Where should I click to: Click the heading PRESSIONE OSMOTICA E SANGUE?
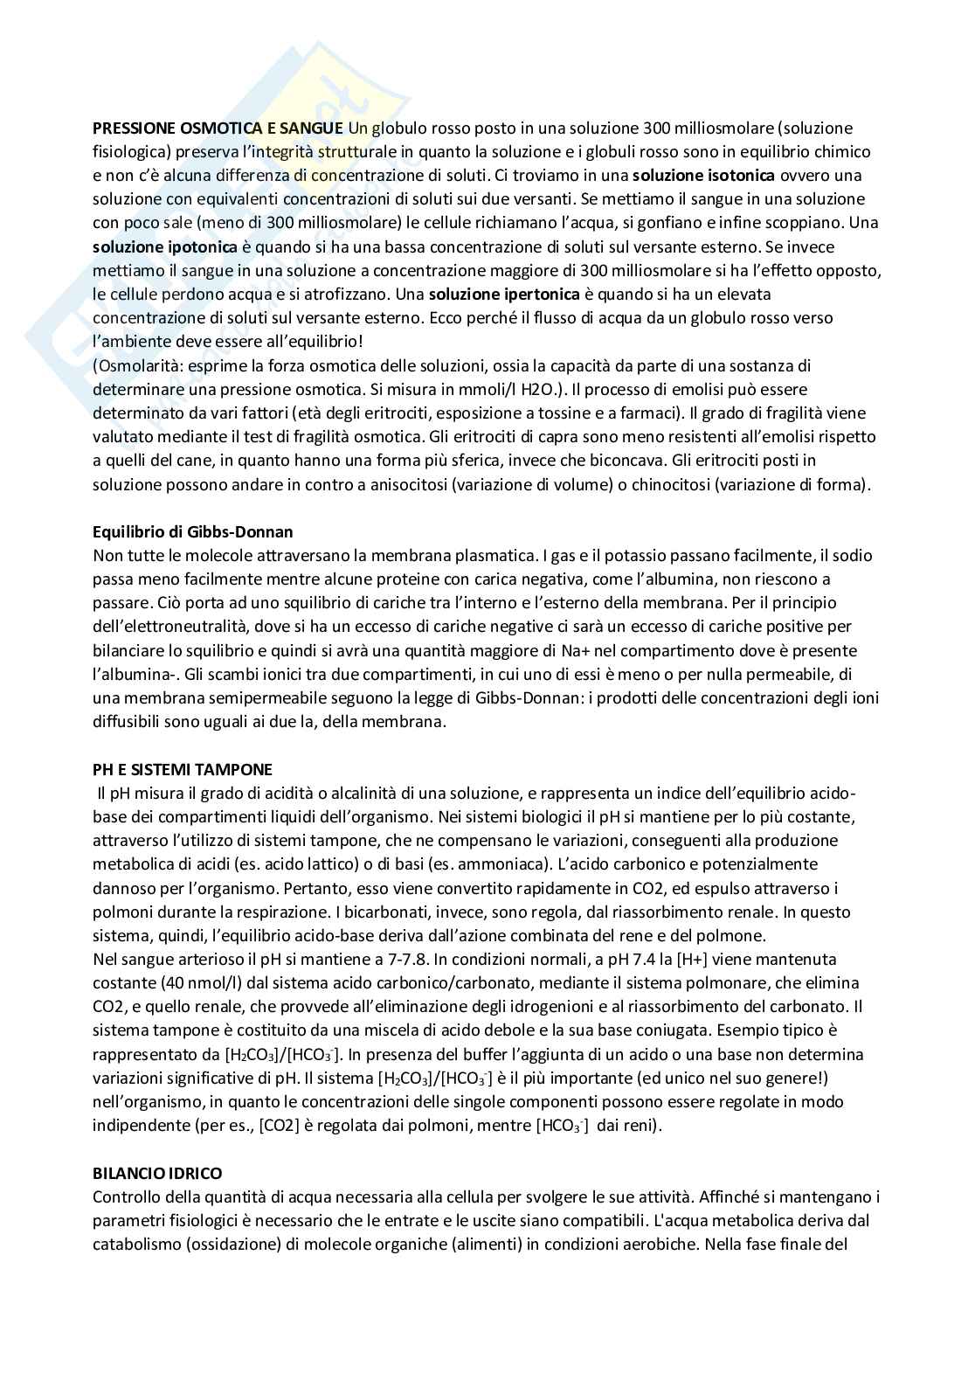218,128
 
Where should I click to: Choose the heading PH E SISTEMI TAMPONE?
183,769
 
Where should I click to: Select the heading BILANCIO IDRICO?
157,1173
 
